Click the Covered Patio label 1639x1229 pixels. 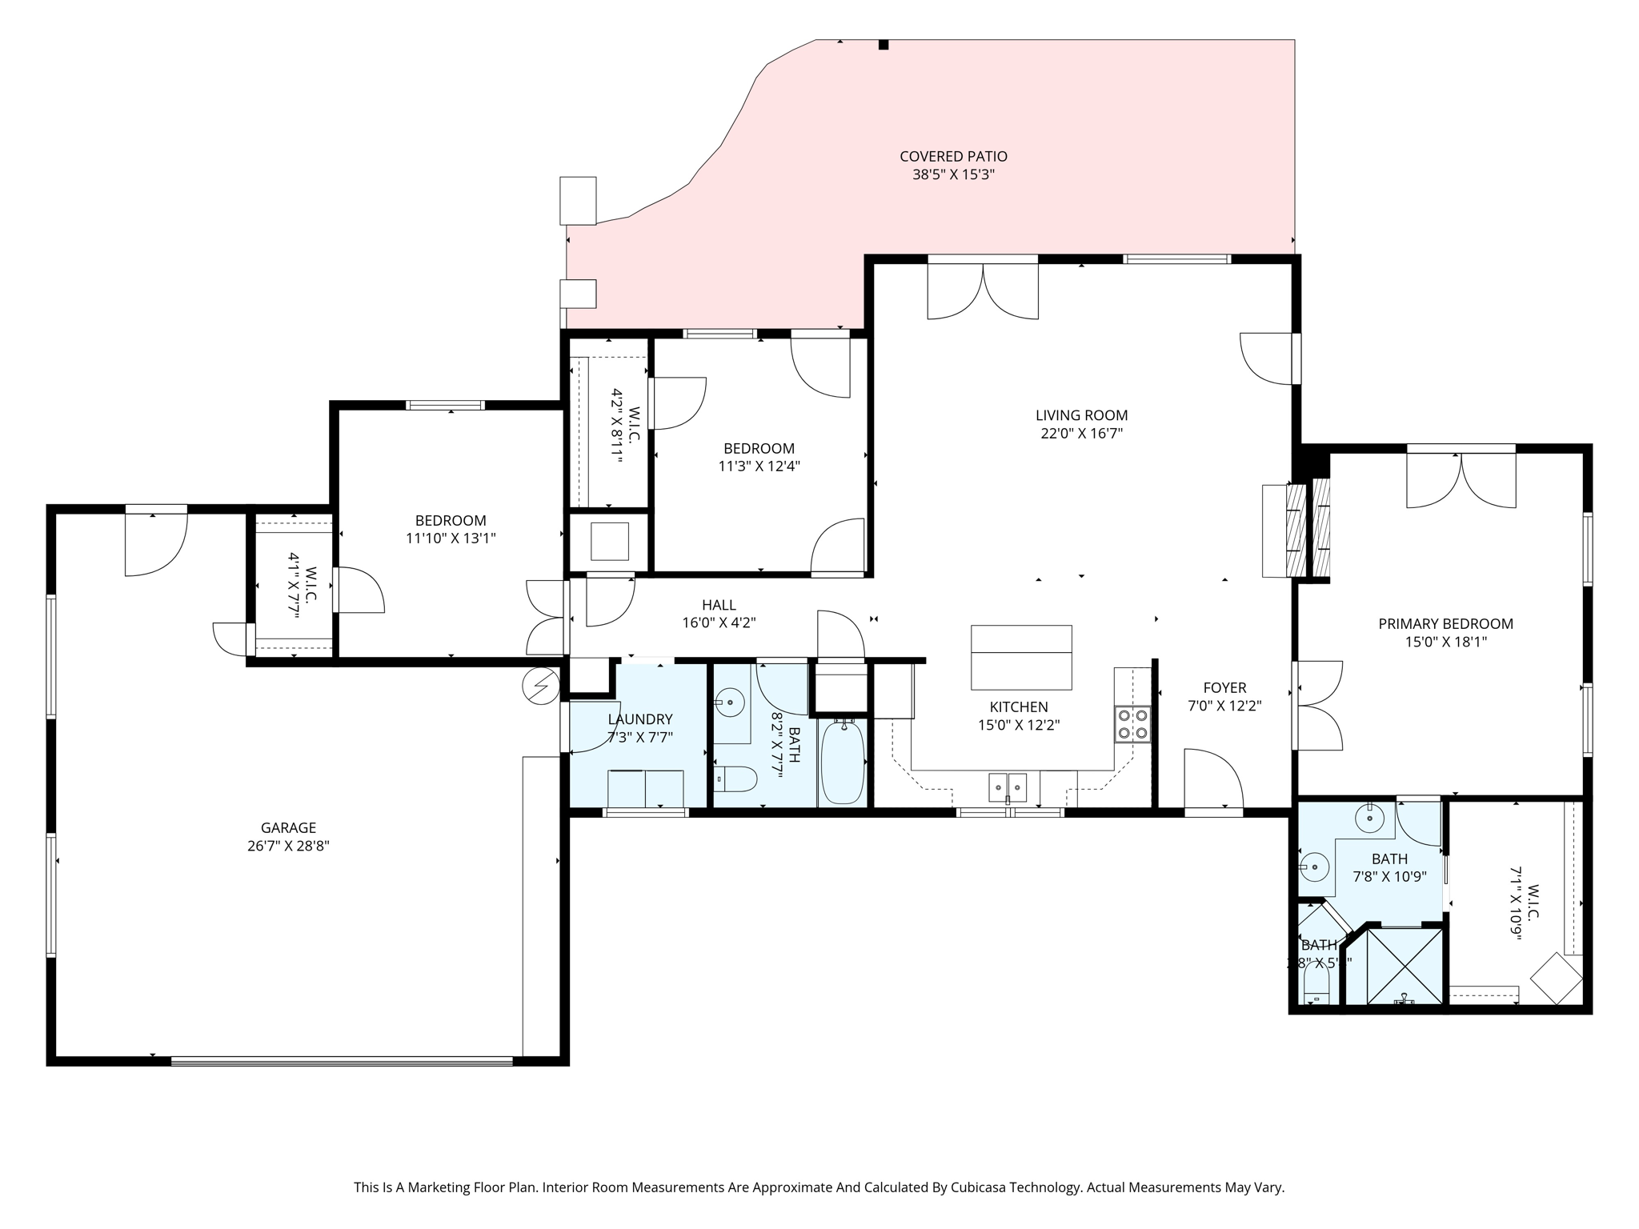point(953,157)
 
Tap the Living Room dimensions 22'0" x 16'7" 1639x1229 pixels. point(1081,434)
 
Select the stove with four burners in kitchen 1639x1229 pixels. point(1133,723)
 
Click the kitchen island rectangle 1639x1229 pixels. point(1021,657)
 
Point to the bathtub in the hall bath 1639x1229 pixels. point(842,762)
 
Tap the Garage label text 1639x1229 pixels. point(288,828)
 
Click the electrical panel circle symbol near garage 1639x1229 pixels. point(541,686)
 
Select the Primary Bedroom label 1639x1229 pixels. point(1445,624)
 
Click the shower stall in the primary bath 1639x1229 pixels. point(1404,966)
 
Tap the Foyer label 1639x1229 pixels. point(1224,688)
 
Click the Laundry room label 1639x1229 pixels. point(639,719)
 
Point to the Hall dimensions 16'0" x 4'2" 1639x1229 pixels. point(719,623)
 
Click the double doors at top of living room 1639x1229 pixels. point(983,292)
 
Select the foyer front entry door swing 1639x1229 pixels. point(1213,778)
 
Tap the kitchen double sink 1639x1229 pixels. point(1008,787)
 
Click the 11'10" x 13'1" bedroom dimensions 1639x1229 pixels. point(451,538)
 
